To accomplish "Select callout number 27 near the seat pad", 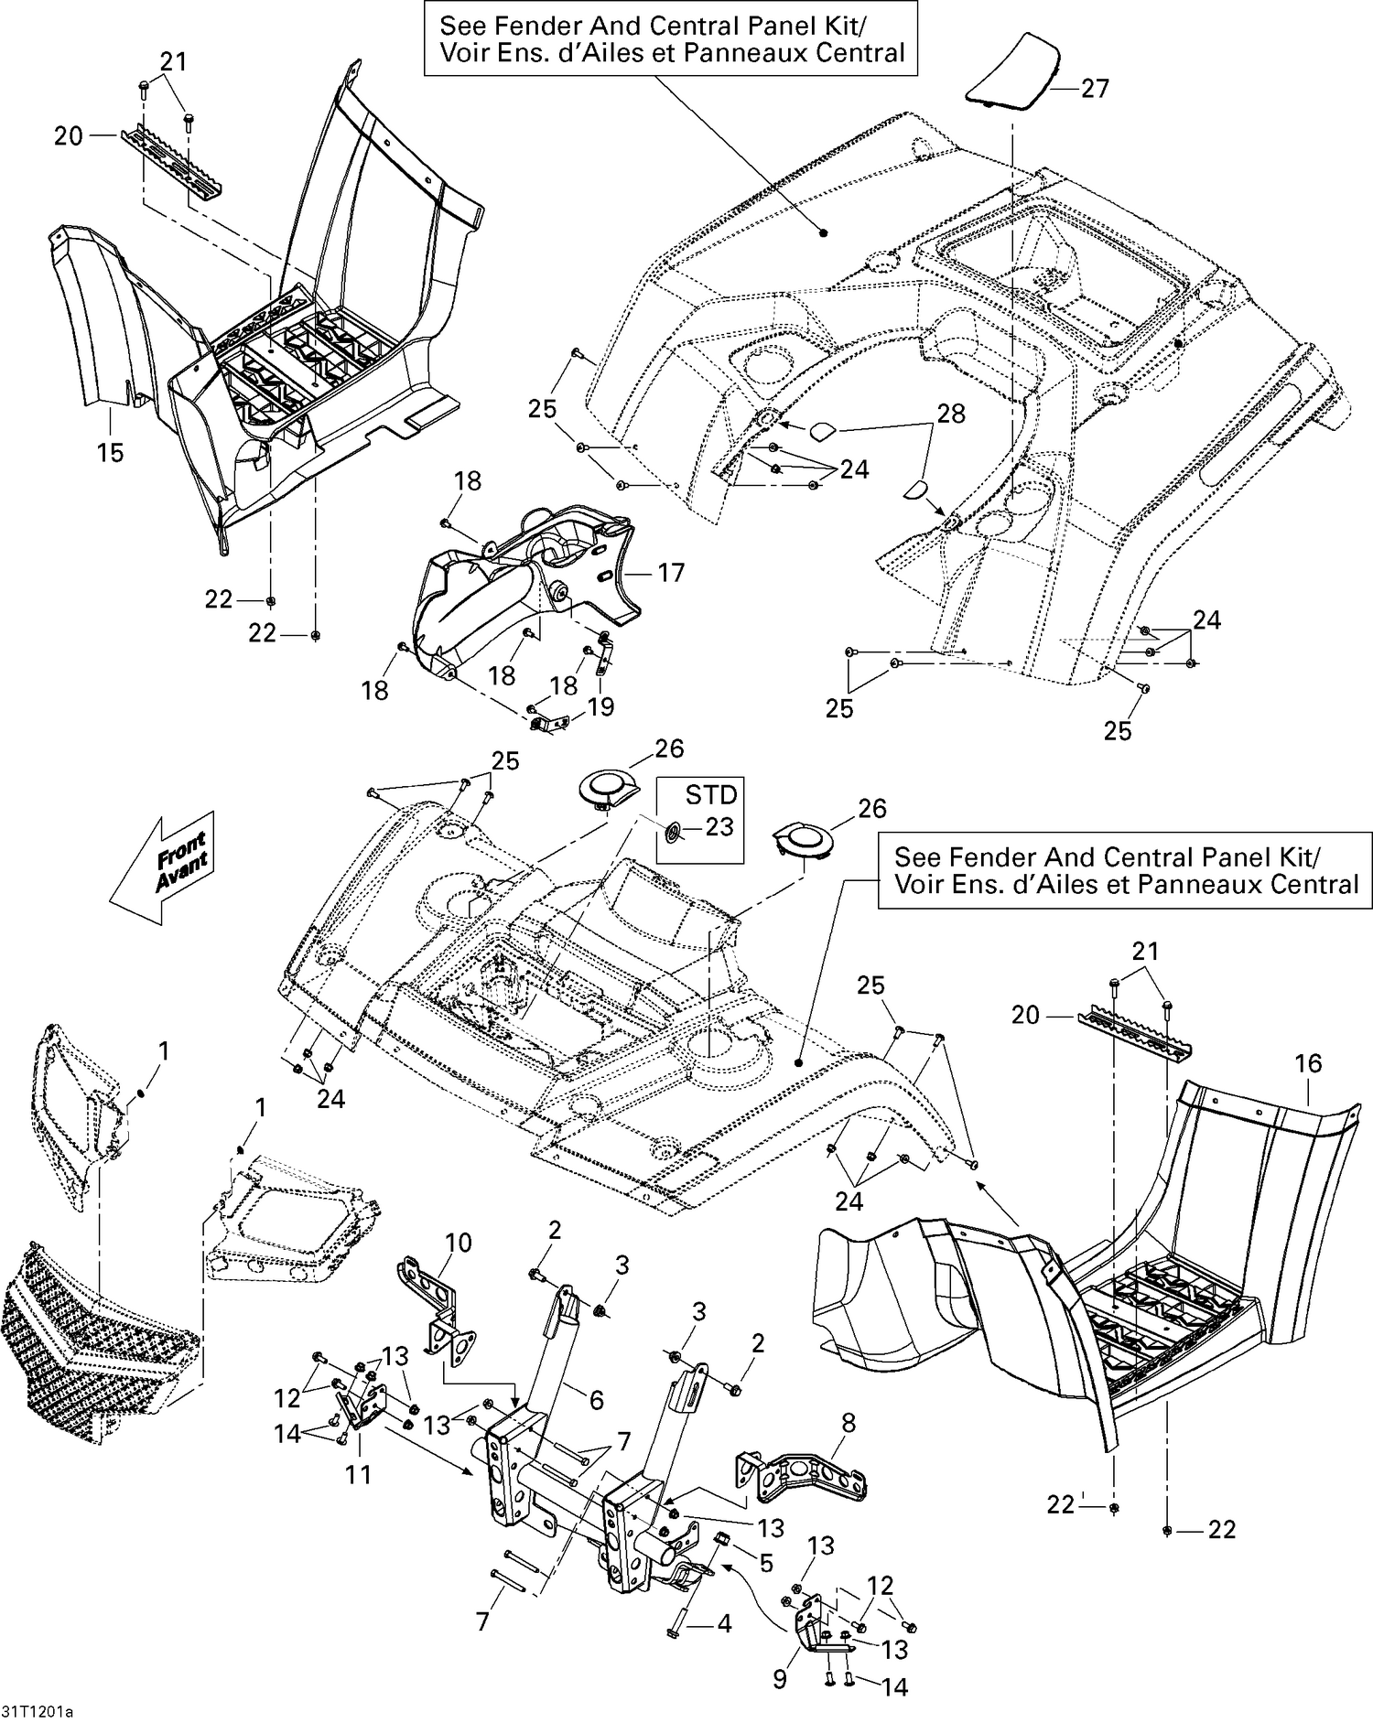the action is pos(1094,89).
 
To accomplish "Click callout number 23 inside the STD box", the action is pos(719,827).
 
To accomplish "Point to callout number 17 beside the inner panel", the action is pos(671,573).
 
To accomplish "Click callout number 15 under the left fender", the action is pos(110,452).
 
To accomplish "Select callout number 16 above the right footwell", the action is pos(1308,1063).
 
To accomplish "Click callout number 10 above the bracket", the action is pos(458,1243).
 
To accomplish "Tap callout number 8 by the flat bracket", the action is pos(849,1422).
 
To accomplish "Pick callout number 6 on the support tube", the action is pos(596,1399).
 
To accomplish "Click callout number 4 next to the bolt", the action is pos(724,1624).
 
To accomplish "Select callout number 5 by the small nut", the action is pos(766,1561).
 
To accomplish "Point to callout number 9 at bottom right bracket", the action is pos(780,1680).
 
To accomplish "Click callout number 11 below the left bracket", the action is pos(358,1474).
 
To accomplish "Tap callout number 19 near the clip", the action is pos(601,706).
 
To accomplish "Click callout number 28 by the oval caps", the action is pos(951,414).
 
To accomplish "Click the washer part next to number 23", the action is pos(670,831).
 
